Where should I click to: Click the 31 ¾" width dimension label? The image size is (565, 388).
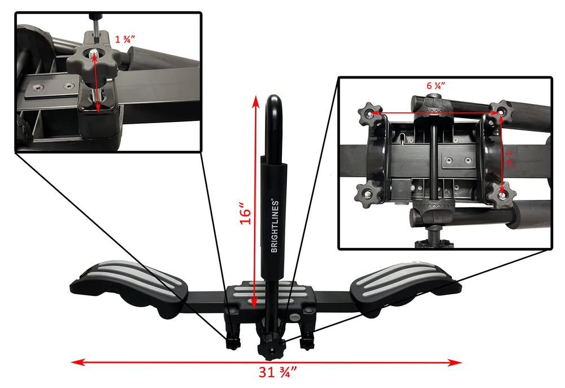pyautogui.click(x=277, y=372)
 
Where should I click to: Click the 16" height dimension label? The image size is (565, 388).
pyautogui.click(x=245, y=213)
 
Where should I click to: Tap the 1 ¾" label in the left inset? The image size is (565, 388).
pyautogui.click(x=125, y=39)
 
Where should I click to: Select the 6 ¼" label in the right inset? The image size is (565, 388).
pyautogui.click(x=436, y=86)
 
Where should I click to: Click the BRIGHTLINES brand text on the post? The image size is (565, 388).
pyautogui.click(x=275, y=225)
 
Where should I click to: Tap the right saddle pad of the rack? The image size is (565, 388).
pyautogui.click(x=405, y=284)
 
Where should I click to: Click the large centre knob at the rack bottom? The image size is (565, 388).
pyautogui.click(x=271, y=346)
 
